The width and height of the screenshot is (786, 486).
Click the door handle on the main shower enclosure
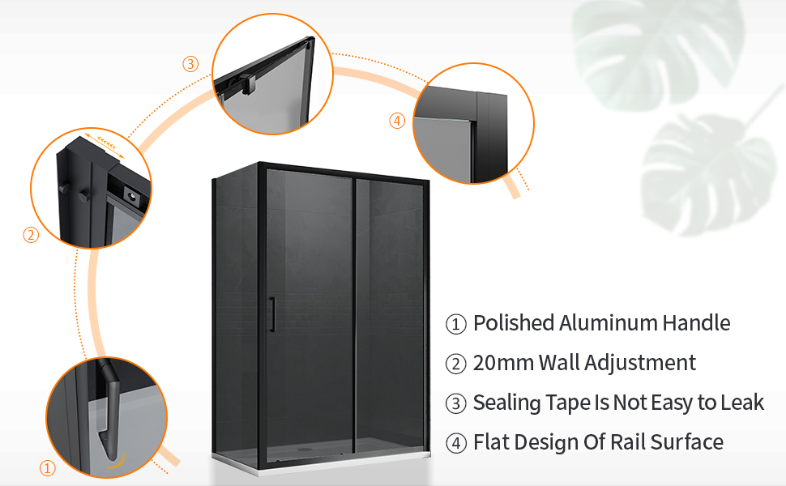272,314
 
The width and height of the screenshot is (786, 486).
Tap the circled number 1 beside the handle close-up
47,468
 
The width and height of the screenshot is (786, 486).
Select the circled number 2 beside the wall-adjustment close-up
31,234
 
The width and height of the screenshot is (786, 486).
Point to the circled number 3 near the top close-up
190,64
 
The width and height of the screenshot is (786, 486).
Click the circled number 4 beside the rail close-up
397,121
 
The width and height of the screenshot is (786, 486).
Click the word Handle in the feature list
696,323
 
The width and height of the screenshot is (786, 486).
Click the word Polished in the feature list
514,323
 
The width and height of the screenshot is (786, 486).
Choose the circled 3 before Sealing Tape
455,403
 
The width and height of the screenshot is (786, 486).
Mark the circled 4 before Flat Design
455,443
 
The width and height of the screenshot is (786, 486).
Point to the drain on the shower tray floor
305,450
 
